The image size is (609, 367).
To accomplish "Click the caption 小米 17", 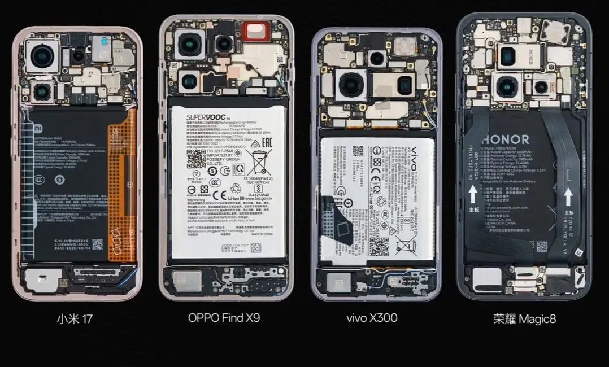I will [74, 319].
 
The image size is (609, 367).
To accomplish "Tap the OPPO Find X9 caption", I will [224, 318].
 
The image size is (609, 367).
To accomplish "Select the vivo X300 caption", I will [371, 318].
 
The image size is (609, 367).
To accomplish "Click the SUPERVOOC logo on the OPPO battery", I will [206, 117].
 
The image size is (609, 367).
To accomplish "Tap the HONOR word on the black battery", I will [506, 139].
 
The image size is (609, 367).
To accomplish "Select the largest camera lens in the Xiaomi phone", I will [42, 56].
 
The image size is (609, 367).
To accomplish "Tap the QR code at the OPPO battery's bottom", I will [256, 247].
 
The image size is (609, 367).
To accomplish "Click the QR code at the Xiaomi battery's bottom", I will [97, 244].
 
